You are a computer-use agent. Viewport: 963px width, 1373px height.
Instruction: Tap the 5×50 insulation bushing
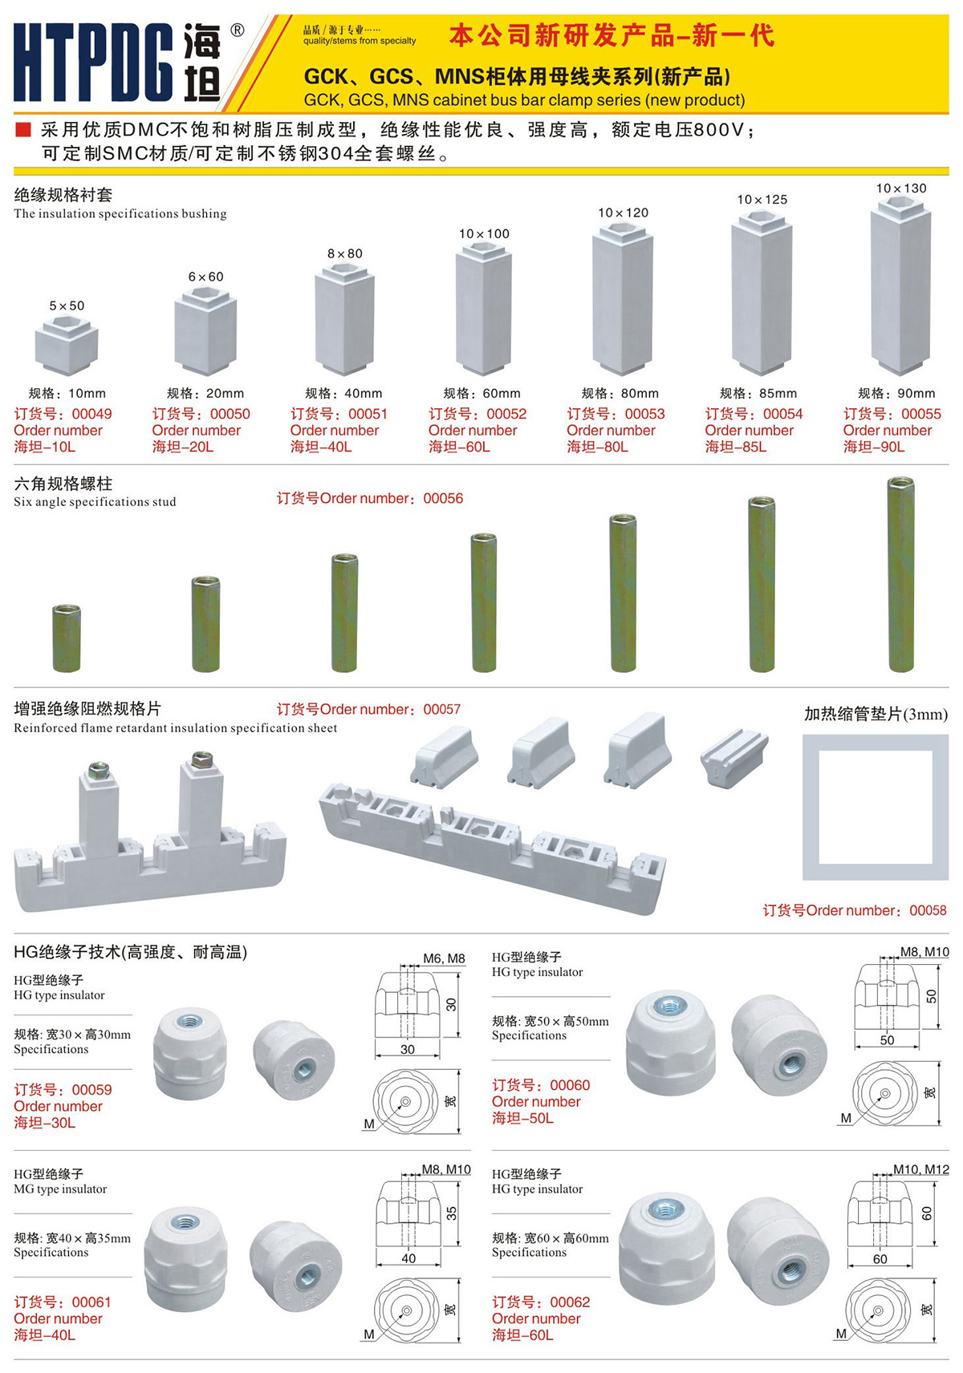point(66,345)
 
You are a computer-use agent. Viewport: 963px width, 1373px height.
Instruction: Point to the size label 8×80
point(345,253)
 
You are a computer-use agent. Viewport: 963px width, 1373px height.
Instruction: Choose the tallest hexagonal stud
point(901,573)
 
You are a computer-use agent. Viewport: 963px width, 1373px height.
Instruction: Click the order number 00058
point(928,910)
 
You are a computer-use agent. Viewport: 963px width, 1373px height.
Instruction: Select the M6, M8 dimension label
point(444,958)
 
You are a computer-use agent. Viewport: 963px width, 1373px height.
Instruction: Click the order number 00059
point(91,1090)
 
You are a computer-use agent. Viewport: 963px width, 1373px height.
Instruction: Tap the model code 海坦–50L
point(522,1118)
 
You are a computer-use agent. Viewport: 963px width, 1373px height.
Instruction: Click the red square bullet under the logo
point(22,129)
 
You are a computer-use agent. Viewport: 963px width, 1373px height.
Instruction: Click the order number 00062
point(570,1302)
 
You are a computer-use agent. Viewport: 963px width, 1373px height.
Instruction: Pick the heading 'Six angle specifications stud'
point(95,502)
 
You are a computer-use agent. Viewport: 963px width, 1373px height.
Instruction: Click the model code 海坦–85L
point(735,447)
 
